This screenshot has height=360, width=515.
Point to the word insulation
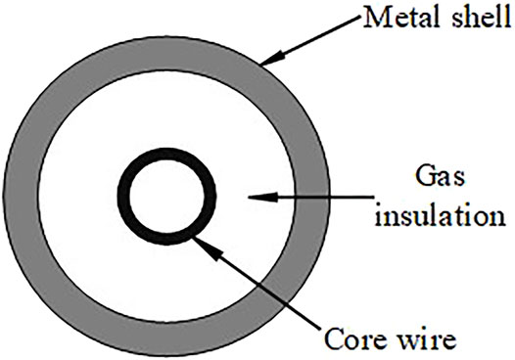pos(440,211)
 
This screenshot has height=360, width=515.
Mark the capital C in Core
pos(334,342)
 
